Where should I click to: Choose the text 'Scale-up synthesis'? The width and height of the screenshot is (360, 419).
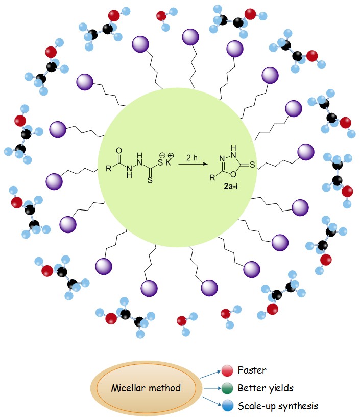(278, 406)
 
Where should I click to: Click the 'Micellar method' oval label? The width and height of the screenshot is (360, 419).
(146, 388)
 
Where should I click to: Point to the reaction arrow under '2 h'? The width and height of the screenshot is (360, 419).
(194, 164)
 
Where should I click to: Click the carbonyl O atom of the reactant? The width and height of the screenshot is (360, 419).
(119, 151)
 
